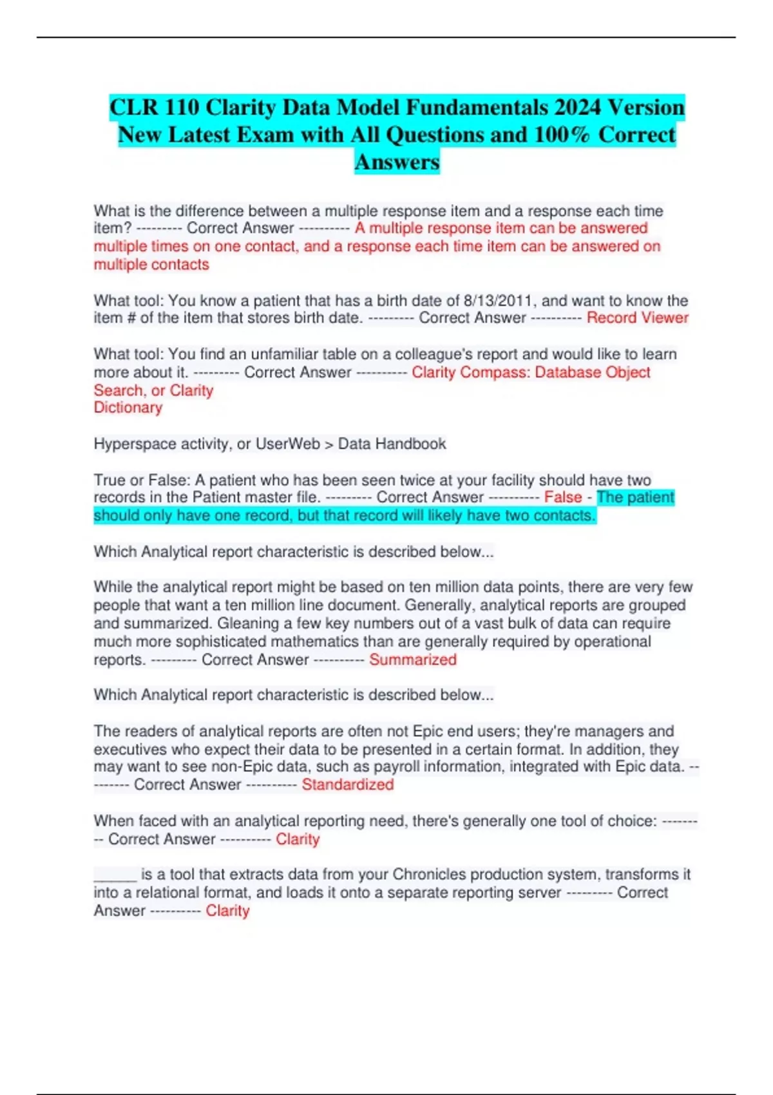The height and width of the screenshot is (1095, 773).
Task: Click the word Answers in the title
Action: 397,162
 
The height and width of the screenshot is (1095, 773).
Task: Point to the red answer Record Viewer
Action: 637,318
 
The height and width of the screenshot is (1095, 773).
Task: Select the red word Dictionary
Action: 128,408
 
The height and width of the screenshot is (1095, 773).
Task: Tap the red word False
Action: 563,497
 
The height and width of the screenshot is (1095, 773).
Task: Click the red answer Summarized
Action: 413,660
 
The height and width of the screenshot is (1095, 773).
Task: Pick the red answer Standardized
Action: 348,785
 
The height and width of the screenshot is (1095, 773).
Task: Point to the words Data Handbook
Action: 392,444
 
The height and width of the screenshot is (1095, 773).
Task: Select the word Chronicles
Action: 430,874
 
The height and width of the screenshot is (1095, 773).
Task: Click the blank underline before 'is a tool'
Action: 115,875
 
